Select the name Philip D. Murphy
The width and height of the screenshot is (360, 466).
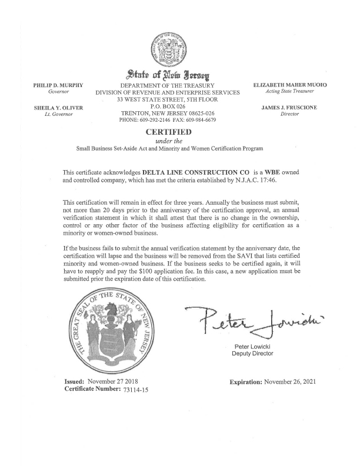pyautogui.click(x=58, y=86)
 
